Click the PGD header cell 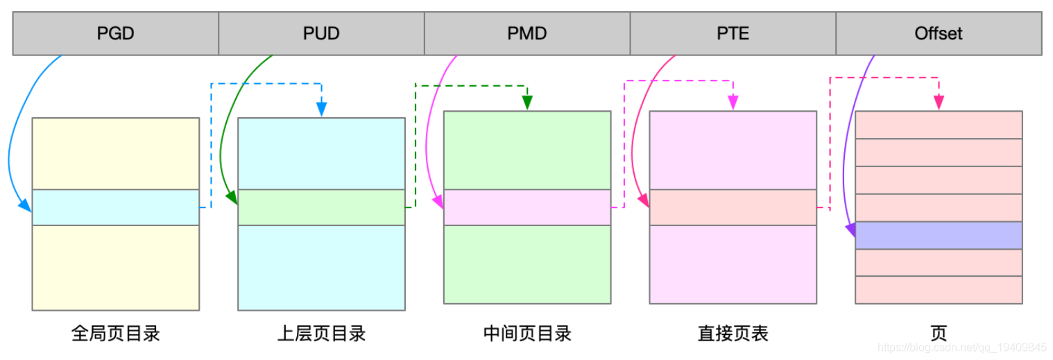tap(116, 33)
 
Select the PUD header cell tap(321, 33)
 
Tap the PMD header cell tap(527, 33)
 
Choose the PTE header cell tap(733, 33)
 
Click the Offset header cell tap(939, 33)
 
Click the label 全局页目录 tap(116, 334)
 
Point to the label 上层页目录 tap(321, 334)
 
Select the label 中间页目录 tap(527, 334)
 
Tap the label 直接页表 tap(733, 334)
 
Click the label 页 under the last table tap(939, 334)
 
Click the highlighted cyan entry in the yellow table tap(116, 207)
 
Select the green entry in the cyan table tap(321, 207)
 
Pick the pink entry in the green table tap(527, 207)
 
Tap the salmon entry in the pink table tap(733, 207)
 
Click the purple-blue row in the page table tap(939, 235)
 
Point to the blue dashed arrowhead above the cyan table tap(322, 110)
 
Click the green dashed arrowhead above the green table tap(527, 103)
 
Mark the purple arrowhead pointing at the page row tap(850, 230)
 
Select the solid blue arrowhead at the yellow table tap(25, 205)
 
